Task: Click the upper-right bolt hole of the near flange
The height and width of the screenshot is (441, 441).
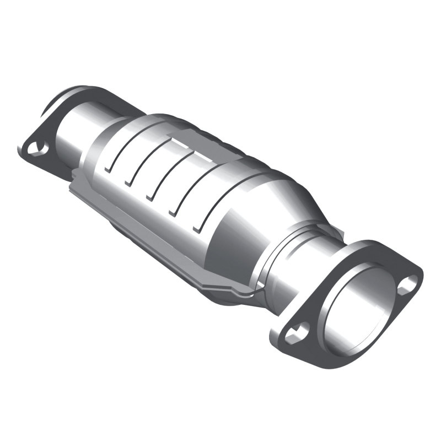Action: pos(408,283)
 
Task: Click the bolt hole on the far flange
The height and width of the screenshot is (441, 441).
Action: pos(37,147)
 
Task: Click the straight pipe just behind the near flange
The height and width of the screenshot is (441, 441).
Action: pos(287,276)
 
